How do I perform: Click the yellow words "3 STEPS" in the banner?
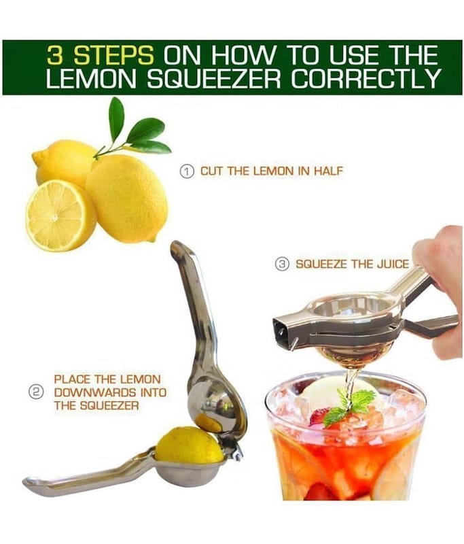(100, 55)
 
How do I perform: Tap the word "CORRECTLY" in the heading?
(365, 78)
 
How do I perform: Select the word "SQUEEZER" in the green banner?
(214, 78)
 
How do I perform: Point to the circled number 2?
(34, 392)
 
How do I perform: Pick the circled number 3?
(283, 264)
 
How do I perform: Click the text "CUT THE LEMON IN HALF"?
(272, 171)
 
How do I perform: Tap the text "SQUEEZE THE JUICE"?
(352, 264)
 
